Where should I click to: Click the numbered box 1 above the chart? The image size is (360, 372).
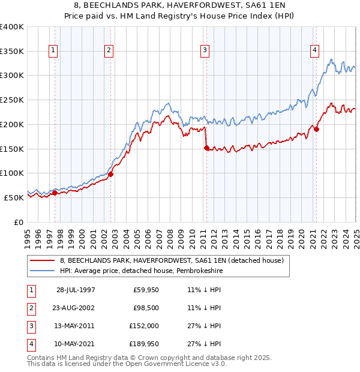(54, 50)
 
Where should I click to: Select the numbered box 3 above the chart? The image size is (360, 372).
(205, 50)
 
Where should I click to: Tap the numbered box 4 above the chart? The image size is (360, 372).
(315, 50)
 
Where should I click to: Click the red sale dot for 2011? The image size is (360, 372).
(206, 148)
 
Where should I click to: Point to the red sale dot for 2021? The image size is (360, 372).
(316, 129)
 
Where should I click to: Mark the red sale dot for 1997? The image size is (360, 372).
(55, 193)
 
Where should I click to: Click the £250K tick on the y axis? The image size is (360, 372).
(12, 100)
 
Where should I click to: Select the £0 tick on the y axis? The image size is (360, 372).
(18, 222)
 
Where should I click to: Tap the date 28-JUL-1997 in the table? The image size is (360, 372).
(76, 290)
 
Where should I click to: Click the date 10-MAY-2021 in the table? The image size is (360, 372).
(76, 344)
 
